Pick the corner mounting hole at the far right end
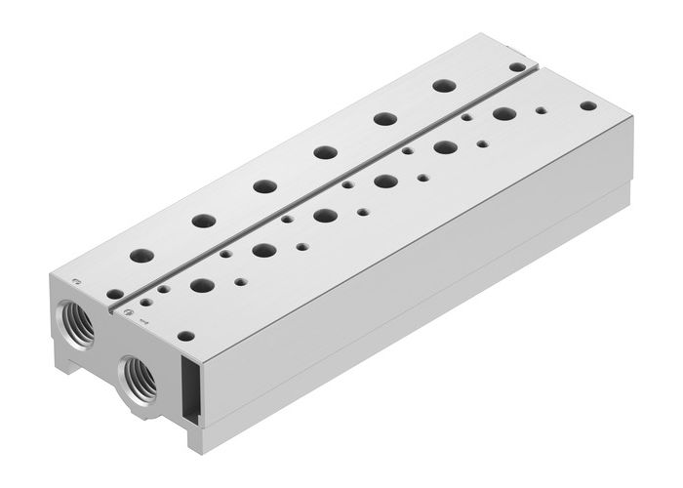point(586,104)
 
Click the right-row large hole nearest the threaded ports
point(203,286)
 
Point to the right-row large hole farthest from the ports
point(504,114)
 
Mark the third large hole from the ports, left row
point(261,185)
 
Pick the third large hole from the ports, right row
point(324,215)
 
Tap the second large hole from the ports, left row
point(204,221)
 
